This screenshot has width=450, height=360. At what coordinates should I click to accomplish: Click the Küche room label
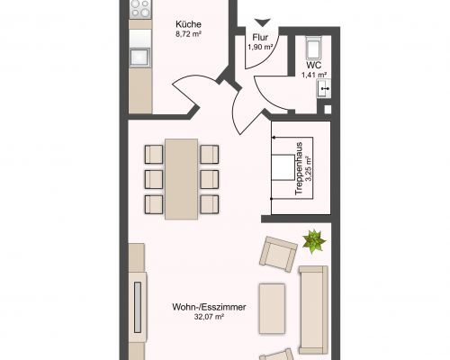coord(188,24)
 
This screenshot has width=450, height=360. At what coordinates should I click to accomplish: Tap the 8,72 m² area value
coord(188,34)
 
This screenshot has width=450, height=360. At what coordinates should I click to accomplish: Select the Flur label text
coord(260,38)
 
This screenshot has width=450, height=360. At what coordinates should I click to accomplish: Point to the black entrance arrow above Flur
coord(263,22)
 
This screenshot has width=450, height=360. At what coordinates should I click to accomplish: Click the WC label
coord(314,65)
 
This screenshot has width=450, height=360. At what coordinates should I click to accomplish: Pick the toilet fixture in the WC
coord(314,48)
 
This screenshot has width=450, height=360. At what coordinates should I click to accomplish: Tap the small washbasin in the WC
coord(324,88)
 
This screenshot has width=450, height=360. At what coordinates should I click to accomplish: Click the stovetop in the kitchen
coord(140,8)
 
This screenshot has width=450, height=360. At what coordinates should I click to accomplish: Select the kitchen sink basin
coord(139,57)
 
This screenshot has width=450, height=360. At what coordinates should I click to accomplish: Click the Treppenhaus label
coord(299,168)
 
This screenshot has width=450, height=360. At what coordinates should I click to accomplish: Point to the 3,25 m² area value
coord(309,168)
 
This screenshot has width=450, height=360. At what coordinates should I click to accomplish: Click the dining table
coord(182,179)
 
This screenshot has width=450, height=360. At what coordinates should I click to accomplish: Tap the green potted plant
coord(314,241)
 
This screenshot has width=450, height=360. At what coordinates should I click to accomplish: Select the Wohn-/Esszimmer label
coord(209,307)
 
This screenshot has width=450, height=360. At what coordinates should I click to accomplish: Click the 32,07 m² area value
coord(209,317)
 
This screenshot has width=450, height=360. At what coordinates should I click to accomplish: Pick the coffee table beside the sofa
coord(272,309)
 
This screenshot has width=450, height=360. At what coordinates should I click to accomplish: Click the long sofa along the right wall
coord(313,310)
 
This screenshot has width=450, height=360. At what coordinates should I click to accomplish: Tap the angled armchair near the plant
coord(278,254)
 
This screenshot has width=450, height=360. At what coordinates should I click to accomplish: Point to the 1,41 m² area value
coord(314,75)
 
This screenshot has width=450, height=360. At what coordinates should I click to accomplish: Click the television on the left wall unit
coord(138,307)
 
